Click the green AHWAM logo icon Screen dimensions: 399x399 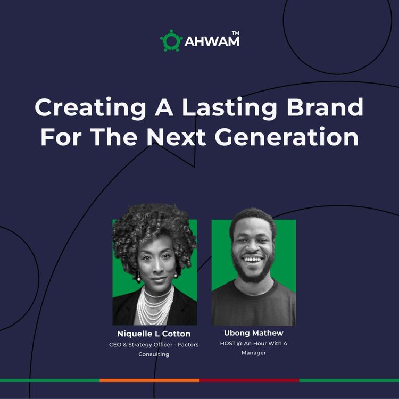[171, 40]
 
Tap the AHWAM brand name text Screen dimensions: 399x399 [211, 41]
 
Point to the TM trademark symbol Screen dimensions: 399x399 [235, 33]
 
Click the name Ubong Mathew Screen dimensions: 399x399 [254, 333]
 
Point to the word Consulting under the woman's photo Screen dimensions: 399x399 [154, 354]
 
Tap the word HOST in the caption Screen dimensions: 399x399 [228, 343]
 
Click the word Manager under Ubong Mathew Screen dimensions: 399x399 [254, 353]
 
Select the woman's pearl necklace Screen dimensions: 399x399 [155, 305]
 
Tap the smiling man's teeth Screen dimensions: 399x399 [253, 260]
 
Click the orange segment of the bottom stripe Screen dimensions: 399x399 [149, 380]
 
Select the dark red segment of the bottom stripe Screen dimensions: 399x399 [249, 380]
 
